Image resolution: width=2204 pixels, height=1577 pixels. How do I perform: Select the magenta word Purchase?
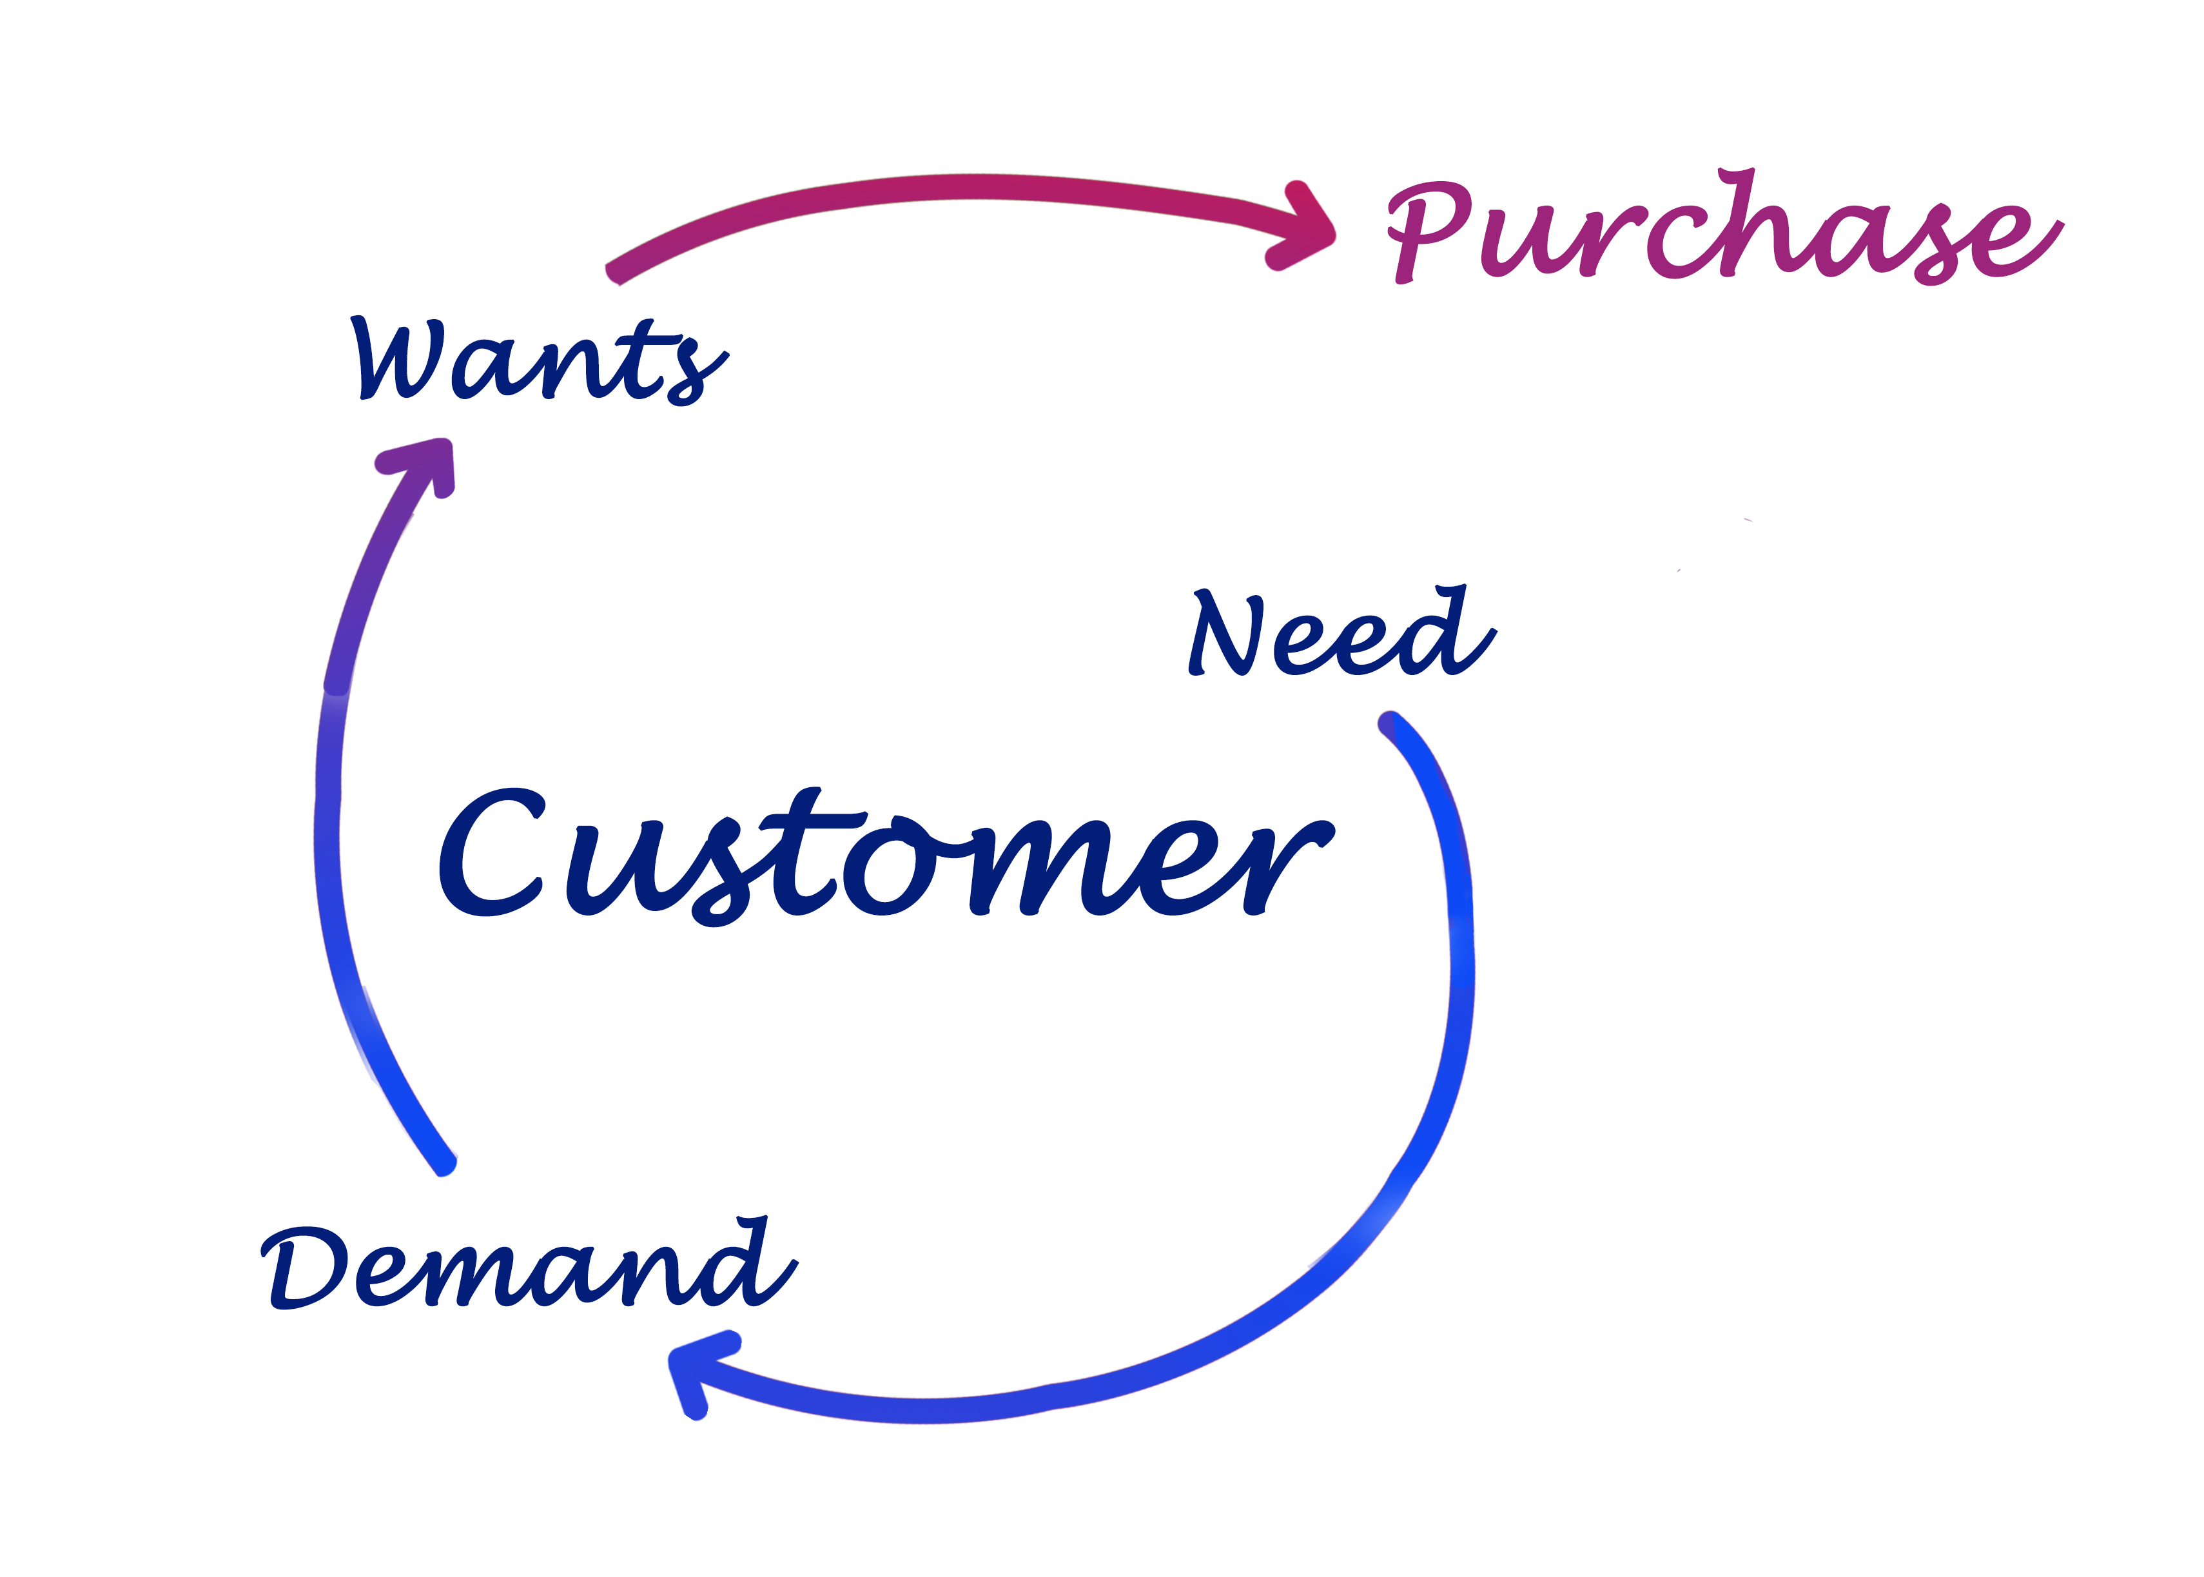pyautogui.click(x=1724, y=227)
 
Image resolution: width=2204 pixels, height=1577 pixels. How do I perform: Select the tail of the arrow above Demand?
pyautogui.click(x=445, y=1164)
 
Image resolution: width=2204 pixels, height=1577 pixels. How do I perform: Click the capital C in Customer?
pyautogui.click(x=491, y=852)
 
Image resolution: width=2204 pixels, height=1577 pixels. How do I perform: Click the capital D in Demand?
pyautogui.click(x=304, y=1268)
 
